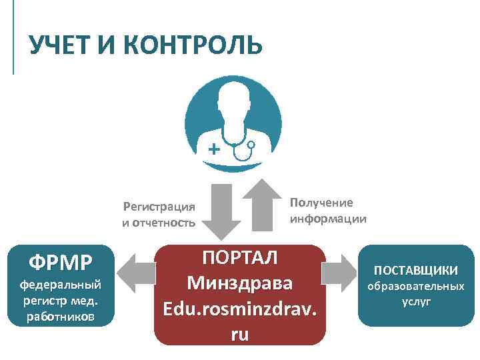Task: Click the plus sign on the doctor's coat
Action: [x=213, y=149]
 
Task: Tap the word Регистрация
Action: [x=159, y=206]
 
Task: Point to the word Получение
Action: [x=322, y=203]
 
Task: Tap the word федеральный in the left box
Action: [x=60, y=285]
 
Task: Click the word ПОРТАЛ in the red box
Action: [x=240, y=257]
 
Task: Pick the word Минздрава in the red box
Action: [x=240, y=283]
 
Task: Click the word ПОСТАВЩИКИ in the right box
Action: [x=415, y=270]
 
